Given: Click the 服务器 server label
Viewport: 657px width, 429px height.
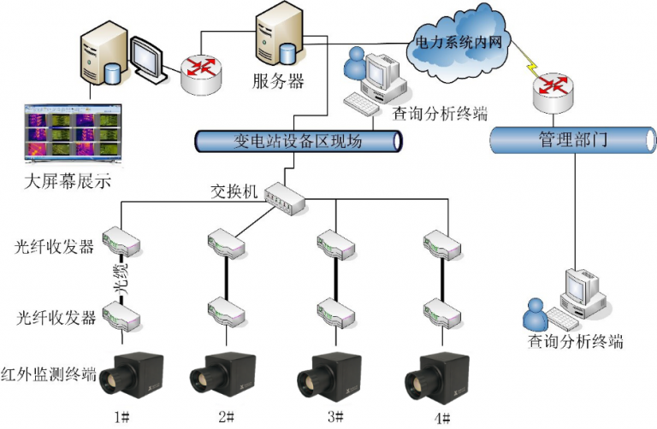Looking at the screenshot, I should pyautogui.click(x=278, y=83).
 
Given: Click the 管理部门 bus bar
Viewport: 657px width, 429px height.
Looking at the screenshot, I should pyautogui.click(x=572, y=139).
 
